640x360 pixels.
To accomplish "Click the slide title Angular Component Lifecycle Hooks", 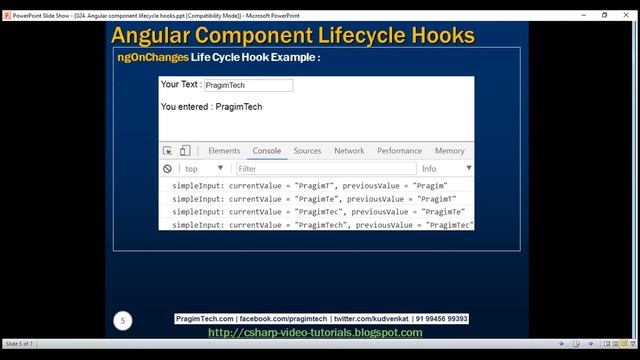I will pyautogui.click(x=292, y=36).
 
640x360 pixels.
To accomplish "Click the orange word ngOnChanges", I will pyautogui.click(x=152, y=58).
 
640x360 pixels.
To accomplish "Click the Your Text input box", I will pyautogui.click(x=248, y=86).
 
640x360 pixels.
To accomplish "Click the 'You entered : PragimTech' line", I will pyautogui.click(x=211, y=107).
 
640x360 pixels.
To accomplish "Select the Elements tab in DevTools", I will pyautogui.click(x=224, y=151).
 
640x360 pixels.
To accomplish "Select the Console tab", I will pyautogui.click(x=267, y=151).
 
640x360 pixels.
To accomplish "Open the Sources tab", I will pyautogui.click(x=307, y=151).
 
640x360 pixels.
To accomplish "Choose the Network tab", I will pyautogui.click(x=349, y=151).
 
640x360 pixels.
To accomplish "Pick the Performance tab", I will pyautogui.click(x=399, y=151).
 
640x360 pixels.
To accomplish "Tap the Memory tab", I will pyautogui.click(x=449, y=151).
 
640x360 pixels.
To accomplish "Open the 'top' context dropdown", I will pyautogui.click(x=204, y=169).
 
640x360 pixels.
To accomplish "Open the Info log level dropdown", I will pyautogui.click(x=445, y=169).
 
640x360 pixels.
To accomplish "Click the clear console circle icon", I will pyautogui.click(x=168, y=169).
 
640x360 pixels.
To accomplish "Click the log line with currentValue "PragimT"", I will pyautogui.click(x=309, y=186).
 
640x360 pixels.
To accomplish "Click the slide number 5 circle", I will pyautogui.click(x=123, y=321).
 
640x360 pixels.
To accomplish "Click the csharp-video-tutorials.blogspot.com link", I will pyautogui.click(x=314, y=332).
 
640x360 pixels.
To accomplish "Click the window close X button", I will pyautogui.click(x=627, y=15).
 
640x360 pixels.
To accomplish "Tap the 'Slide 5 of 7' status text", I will pyautogui.click(x=19, y=343).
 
